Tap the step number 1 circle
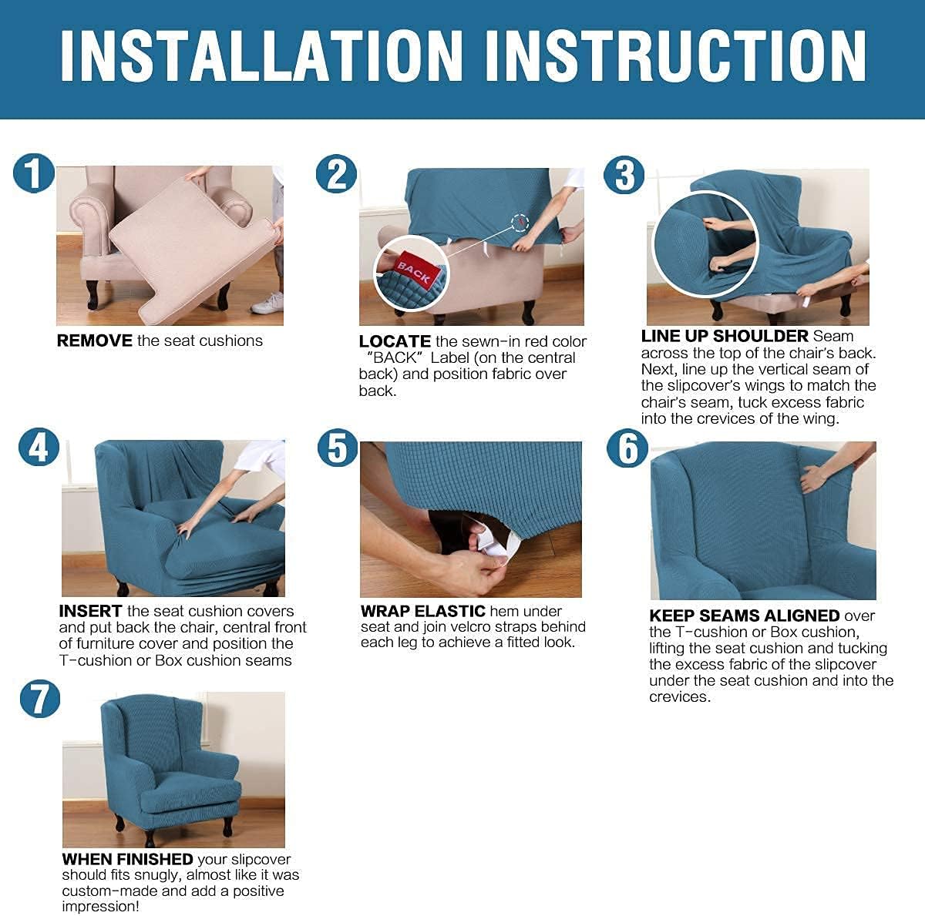[33, 173]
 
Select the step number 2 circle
[336, 174]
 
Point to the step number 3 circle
[624, 176]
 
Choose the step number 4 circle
[39, 448]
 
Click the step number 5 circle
[337, 448]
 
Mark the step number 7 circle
[39, 699]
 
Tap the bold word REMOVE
[94, 341]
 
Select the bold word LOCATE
[395, 341]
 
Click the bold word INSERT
[90, 611]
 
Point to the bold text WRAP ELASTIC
[422, 611]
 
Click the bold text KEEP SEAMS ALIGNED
[744, 616]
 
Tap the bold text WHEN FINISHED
[127, 859]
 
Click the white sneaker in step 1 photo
[267, 304]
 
